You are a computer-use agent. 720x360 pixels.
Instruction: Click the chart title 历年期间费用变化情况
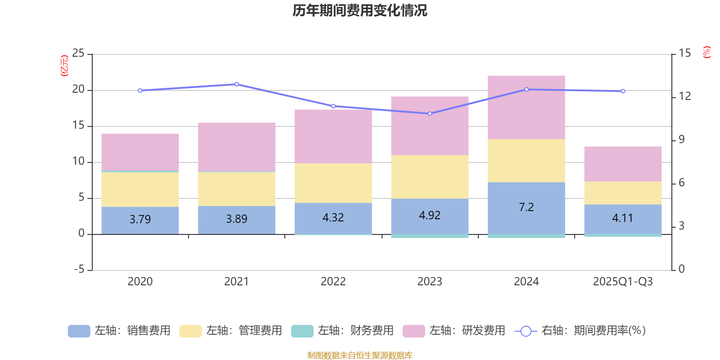click(x=360, y=10)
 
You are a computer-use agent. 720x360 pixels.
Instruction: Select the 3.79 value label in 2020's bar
click(x=140, y=219)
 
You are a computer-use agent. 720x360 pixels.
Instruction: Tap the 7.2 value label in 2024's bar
click(x=526, y=207)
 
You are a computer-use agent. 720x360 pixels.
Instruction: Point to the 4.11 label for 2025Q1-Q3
click(x=622, y=218)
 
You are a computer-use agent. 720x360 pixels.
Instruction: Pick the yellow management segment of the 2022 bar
click(x=333, y=183)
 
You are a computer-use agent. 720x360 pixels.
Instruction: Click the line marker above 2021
click(x=237, y=84)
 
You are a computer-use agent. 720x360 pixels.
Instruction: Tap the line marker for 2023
click(x=430, y=113)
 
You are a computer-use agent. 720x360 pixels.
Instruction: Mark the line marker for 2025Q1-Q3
click(x=623, y=91)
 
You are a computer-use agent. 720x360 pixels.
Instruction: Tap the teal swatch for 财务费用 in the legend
click(x=302, y=331)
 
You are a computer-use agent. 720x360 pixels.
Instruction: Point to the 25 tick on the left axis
click(x=78, y=54)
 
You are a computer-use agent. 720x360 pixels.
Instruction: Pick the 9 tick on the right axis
click(x=681, y=139)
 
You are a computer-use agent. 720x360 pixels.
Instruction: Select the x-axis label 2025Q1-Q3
click(x=622, y=282)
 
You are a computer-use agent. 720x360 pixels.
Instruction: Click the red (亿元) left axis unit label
click(x=64, y=66)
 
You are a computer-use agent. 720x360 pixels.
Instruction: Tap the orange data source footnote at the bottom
click(x=360, y=355)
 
